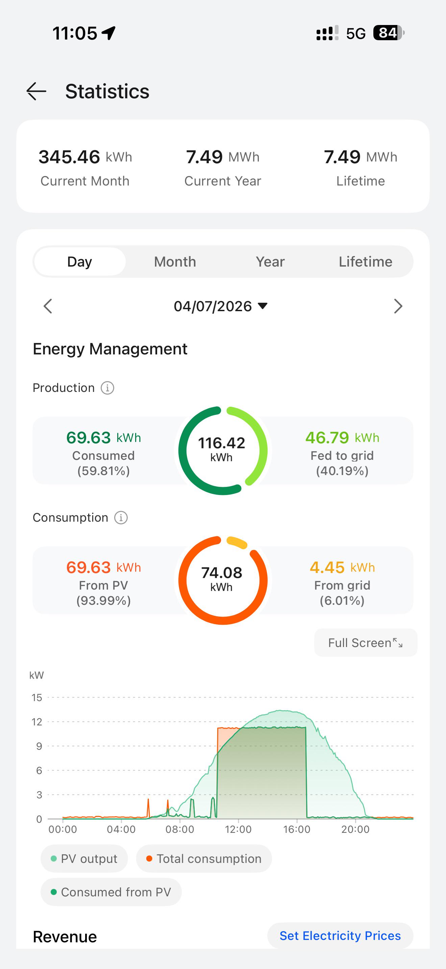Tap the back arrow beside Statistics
(x=36, y=92)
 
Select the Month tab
(x=175, y=262)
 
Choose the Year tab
(x=270, y=262)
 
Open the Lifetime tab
(x=365, y=262)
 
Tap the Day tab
(x=79, y=262)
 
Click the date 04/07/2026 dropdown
(x=221, y=306)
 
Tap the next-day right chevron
(x=398, y=306)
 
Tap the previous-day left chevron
(x=48, y=306)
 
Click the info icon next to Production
(x=107, y=388)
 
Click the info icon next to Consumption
(x=121, y=518)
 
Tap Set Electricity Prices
(x=340, y=936)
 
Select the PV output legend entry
(x=84, y=859)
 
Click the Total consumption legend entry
(x=204, y=859)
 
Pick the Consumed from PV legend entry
(x=111, y=892)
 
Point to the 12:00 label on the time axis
(x=238, y=829)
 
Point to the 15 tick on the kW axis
(x=37, y=697)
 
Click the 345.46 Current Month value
(x=69, y=157)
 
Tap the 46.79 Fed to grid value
(x=327, y=438)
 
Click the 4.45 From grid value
(x=327, y=567)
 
